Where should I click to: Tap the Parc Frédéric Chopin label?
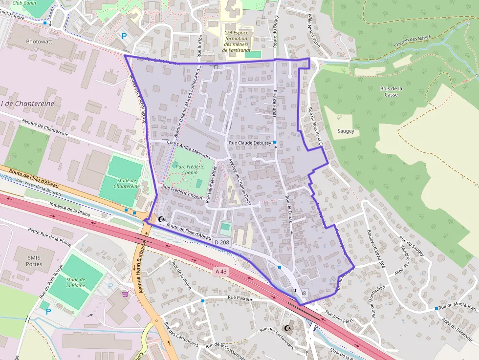188,169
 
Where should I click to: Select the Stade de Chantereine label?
127,183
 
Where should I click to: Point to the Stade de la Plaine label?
75,282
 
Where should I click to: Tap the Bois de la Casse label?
391,91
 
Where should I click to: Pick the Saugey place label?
346,131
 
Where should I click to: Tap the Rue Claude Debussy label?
250,143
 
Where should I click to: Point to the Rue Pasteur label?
239,297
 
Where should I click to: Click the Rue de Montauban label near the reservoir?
457,308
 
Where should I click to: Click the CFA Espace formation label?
236,41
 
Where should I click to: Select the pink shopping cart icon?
126,294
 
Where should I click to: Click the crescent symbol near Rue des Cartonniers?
287,329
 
